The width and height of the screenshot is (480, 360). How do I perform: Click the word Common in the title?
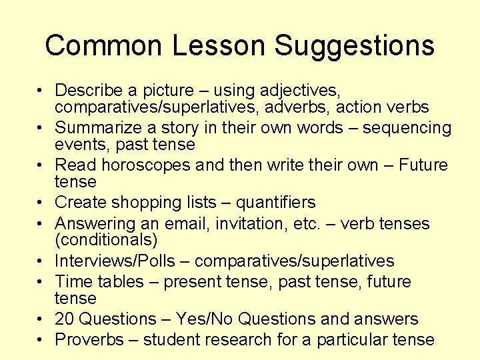point(103,45)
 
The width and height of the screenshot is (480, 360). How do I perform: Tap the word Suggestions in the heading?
point(355,45)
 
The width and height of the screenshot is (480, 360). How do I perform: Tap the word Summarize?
point(96,127)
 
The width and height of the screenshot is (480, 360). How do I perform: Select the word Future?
point(424,165)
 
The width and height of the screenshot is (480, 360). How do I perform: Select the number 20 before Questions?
point(65,319)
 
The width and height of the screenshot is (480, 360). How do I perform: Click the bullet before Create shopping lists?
point(41,202)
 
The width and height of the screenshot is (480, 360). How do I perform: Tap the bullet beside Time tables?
point(41,282)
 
